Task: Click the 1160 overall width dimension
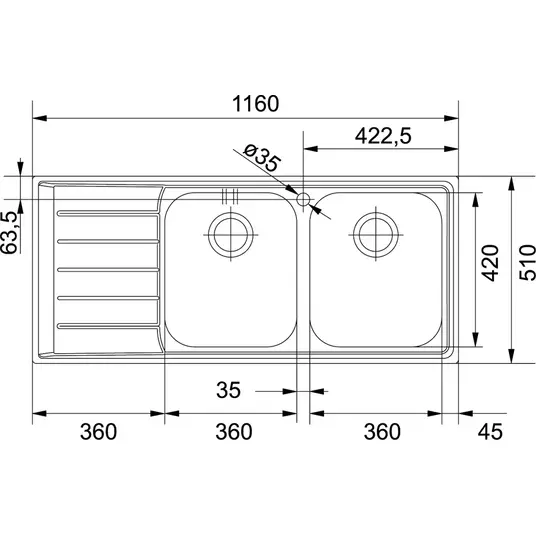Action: [x=255, y=104]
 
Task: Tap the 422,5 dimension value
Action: [x=383, y=136]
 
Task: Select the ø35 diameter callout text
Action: [x=262, y=158]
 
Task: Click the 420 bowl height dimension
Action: [x=490, y=258]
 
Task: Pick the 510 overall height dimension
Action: [x=527, y=258]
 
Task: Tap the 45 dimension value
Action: [x=490, y=431]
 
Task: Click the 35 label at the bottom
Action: [x=228, y=390]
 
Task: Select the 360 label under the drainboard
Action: [x=98, y=431]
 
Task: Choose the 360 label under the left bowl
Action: [x=234, y=431]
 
